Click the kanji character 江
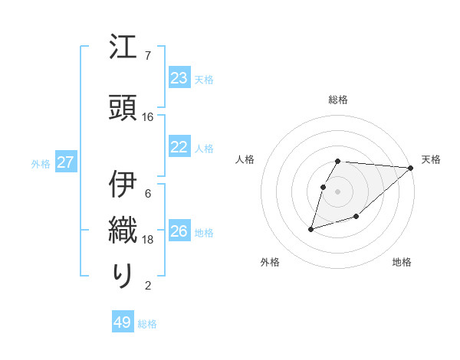(123, 50)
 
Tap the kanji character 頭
(123, 107)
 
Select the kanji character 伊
(123, 185)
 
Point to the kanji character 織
(123, 231)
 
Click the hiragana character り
(123, 275)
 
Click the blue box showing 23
(179, 78)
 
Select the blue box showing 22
(179, 147)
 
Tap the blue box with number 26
(179, 231)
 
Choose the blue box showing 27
(65, 162)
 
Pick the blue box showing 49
(123, 322)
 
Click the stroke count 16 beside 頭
(148, 117)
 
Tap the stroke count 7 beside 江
(148, 56)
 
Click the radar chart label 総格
(338, 100)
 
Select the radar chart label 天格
(431, 159)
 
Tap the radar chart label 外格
(270, 262)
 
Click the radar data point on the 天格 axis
(411, 168)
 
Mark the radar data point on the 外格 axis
(310, 229)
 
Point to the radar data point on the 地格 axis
(356, 218)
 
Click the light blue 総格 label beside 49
(147, 324)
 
